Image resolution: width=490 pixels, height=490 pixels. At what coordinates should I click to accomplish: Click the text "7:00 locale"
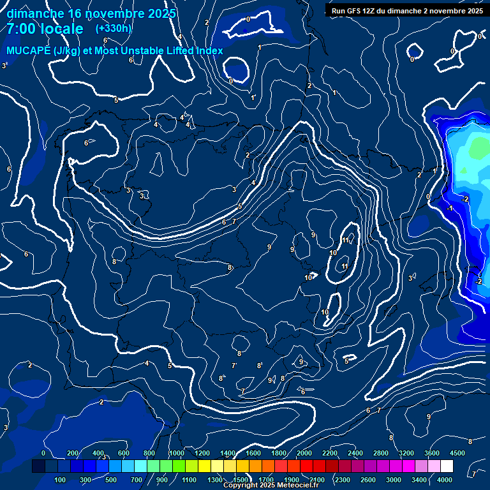[45, 29]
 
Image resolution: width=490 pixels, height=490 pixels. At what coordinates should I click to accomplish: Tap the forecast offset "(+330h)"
[114, 28]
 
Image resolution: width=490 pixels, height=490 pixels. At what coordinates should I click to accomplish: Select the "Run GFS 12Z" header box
[406, 10]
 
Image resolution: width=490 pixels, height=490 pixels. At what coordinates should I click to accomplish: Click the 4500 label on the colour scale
[457, 453]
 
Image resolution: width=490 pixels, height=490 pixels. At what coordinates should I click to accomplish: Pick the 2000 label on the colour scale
[304, 453]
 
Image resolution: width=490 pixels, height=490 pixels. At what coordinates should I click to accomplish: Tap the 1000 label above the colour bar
[177, 453]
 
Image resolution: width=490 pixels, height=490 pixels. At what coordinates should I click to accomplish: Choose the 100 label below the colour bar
[61, 480]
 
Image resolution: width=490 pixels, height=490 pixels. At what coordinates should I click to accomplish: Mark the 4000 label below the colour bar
[445, 480]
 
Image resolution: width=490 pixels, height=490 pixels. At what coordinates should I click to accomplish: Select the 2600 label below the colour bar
[368, 480]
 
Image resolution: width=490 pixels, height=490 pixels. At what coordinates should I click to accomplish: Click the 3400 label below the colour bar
[419, 480]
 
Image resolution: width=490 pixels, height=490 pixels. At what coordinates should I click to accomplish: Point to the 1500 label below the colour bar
[241, 480]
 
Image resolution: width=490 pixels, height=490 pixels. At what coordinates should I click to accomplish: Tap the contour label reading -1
[450, 209]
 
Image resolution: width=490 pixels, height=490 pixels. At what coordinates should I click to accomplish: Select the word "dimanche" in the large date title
[32, 13]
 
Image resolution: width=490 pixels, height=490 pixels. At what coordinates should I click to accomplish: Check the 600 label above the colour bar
[123, 453]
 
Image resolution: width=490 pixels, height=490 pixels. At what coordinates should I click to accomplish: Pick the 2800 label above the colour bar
[380, 453]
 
